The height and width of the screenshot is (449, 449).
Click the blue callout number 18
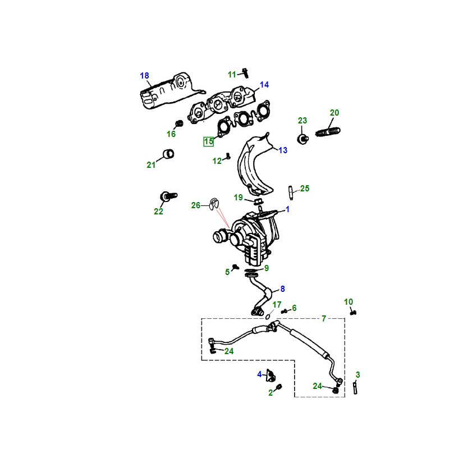[144, 76]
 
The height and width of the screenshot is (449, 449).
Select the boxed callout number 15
[208, 141]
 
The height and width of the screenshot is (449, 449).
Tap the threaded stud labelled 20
[328, 132]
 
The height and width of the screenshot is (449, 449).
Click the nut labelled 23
[303, 139]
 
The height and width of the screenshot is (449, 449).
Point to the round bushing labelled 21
[168, 154]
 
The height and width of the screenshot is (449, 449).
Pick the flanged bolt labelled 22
[168, 196]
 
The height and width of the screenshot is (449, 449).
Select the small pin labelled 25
[291, 193]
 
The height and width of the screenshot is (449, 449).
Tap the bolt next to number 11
[245, 73]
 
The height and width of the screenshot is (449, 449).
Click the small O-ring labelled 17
[268, 317]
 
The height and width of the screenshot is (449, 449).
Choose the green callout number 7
[324, 318]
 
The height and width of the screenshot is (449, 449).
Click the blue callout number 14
[264, 85]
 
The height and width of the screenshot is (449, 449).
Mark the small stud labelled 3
[355, 388]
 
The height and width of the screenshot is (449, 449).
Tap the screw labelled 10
[353, 313]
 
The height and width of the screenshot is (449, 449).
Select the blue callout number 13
[283, 150]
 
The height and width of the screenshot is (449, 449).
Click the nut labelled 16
[179, 123]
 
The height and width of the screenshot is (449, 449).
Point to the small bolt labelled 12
[228, 156]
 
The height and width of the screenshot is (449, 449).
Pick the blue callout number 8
[283, 288]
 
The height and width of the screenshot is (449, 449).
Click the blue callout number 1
[287, 209]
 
